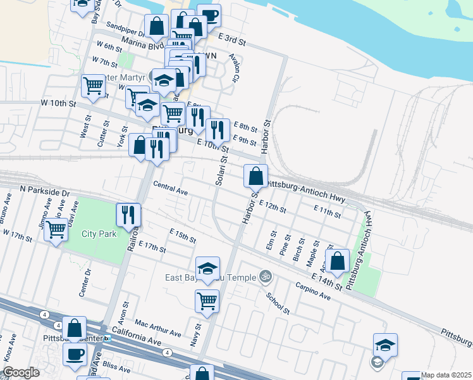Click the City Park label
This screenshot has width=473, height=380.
pos(99,234)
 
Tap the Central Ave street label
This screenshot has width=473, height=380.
pos(171,188)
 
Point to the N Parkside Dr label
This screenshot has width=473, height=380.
pos(45,189)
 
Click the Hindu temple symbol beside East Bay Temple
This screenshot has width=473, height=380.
pos(266,277)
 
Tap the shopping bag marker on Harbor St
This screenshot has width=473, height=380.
pos(255,175)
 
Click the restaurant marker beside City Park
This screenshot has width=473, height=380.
pos(128,215)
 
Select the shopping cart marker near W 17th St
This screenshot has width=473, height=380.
pos(56,229)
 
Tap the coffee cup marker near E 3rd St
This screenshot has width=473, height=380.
pos(209,16)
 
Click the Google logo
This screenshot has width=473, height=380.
pos(21,373)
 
